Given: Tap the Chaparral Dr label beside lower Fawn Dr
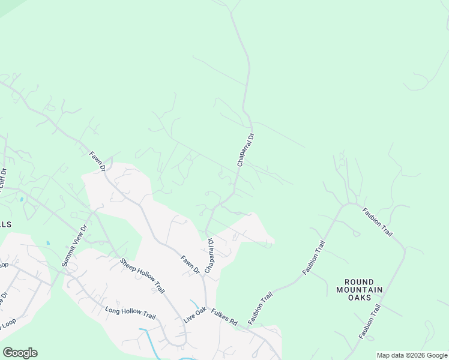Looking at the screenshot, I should (209, 256).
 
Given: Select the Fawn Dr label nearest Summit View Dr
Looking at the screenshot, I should (98, 160).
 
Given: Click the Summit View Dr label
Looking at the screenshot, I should (75, 246).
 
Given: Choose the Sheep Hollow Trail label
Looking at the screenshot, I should (142, 276).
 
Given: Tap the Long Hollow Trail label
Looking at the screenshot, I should (130, 313).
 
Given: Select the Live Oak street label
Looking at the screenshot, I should (195, 315).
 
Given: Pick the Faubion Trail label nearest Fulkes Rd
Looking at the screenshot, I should (260, 308).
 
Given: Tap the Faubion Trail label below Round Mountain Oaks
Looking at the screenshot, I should (370, 322).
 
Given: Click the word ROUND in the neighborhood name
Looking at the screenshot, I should (360, 281).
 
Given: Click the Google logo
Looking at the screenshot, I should (20, 353).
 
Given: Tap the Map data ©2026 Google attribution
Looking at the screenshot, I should (412, 355).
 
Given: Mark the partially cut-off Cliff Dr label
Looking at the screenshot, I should (3, 179).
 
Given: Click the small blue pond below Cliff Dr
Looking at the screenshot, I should (22, 199).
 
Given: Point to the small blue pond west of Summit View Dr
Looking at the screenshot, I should (47, 243).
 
